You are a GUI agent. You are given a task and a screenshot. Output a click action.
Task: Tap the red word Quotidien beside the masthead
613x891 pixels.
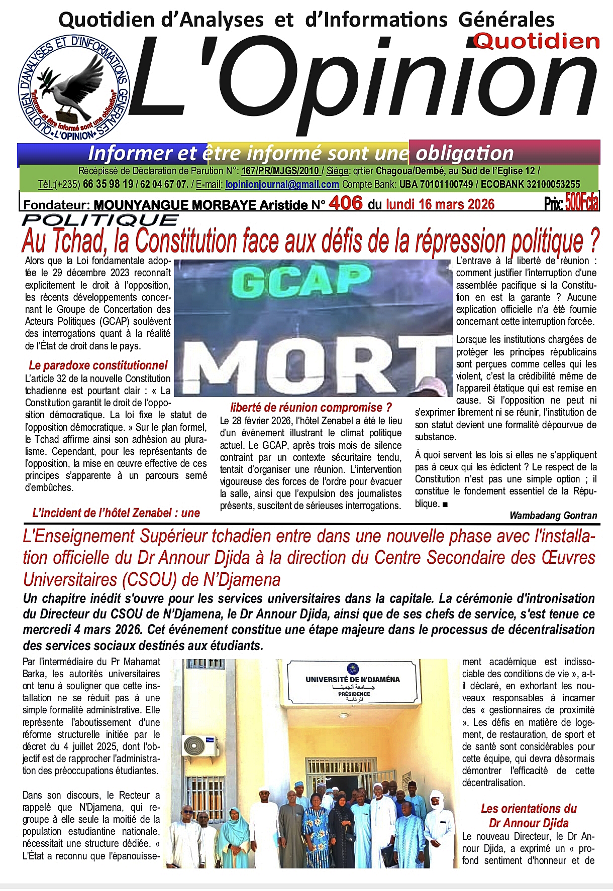[x=537, y=42]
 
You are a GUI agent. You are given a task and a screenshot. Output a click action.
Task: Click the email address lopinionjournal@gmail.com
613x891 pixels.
[x=282, y=184]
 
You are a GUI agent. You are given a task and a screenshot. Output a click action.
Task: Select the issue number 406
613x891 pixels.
[x=346, y=203]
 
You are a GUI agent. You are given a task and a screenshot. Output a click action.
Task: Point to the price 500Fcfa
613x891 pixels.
[x=582, y=204]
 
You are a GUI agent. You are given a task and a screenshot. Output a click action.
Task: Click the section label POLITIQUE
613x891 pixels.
[x=100, y=220]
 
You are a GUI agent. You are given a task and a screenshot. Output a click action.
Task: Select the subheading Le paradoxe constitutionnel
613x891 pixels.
[x=98, y=365]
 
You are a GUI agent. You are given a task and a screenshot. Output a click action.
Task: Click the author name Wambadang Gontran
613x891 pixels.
[x=553, y=516]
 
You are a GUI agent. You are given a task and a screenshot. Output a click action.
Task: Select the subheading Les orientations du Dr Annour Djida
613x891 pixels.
[x=529, y=816]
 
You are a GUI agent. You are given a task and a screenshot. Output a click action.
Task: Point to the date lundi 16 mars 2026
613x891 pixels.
[x=440, y=204]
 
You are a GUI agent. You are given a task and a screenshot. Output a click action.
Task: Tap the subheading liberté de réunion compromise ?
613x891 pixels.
[x=311, y=408]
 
